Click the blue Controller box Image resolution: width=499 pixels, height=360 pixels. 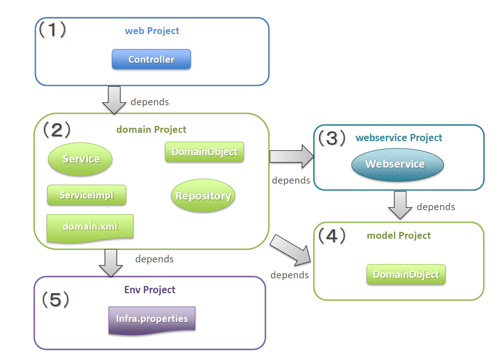[151, 59]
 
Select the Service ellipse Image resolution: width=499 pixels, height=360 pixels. [80, 159]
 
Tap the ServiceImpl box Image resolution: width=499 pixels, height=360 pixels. [87, 195]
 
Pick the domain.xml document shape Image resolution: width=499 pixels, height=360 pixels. [90, 227]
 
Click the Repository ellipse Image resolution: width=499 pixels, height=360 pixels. [203, 196]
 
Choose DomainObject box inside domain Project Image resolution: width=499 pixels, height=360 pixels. [204, 152]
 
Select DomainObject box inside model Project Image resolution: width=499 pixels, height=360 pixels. [406, 274]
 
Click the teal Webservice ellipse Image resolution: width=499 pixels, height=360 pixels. [397, 164]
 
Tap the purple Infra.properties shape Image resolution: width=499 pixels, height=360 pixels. [152, 319]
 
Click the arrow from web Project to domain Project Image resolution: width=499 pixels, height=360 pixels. [114, 100]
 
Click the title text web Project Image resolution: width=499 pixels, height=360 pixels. [152, 31]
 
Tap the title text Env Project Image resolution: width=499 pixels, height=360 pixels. [150, 290]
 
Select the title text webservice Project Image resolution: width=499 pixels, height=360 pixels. [399, 138]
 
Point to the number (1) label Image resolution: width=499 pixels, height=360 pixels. [53, 29]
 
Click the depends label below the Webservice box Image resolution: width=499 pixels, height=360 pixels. [435, 207]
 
